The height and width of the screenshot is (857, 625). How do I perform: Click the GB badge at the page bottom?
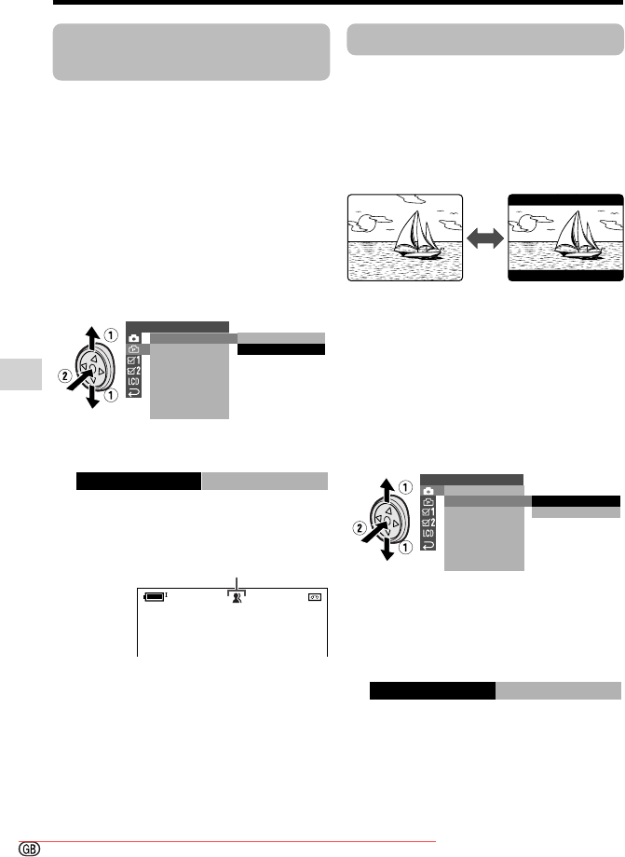(30, 849)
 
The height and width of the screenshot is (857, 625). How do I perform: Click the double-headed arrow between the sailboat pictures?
(485, 238)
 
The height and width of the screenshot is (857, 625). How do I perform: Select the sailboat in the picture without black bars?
(417, 235)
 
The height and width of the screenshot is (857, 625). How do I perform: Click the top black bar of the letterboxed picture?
(565, 199)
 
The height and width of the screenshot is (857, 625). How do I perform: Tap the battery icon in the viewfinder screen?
(155, 597)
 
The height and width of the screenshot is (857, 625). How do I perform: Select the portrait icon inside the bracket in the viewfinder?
(237, 597)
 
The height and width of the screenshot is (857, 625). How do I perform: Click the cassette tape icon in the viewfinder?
(315, 597)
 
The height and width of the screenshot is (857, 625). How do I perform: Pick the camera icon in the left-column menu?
(134, 338)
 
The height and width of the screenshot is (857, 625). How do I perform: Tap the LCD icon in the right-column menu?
(428, 534)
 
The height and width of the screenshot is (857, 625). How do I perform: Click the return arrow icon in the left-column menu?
(134, 392)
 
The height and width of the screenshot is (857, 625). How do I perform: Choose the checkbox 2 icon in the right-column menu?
(428, 524)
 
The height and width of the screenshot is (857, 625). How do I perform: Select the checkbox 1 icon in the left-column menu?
(134, 360)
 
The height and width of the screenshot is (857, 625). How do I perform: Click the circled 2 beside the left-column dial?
(65, 376)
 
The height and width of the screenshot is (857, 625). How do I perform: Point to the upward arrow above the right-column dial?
(387, 488)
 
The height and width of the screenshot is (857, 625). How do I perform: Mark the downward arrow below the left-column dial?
(93, 398)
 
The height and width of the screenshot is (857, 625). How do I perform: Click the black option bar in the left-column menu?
(281, 349)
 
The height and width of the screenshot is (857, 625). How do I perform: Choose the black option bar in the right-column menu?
(576, 500)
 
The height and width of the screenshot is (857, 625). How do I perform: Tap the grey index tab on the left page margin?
(20, 374)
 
